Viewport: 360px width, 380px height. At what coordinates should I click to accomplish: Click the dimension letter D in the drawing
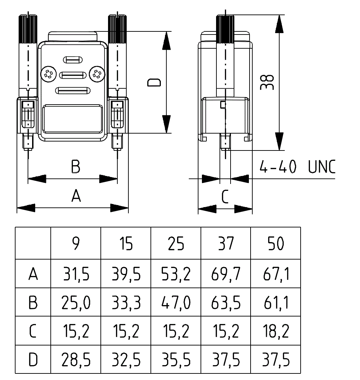point(154,82)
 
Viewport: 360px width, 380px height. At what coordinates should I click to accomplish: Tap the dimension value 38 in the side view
point(267,82)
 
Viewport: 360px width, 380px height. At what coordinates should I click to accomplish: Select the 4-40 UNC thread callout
point(297,167)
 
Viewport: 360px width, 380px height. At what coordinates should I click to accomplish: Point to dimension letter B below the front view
point(76,166)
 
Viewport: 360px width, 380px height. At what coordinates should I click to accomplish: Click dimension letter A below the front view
point(76,196)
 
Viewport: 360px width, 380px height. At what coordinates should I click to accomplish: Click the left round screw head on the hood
point(48,74)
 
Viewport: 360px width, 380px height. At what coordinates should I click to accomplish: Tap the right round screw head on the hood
point(96,74)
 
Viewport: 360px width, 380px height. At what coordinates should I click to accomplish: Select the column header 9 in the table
point(76,244)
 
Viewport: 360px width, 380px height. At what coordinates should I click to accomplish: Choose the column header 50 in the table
point(276,244)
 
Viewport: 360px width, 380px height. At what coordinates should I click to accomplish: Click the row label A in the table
point(33,274)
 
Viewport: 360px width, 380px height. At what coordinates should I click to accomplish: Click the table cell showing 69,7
point(226,274)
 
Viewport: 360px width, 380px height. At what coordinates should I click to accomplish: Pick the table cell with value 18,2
point(276,331)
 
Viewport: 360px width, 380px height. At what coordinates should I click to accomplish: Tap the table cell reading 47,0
point(176,303)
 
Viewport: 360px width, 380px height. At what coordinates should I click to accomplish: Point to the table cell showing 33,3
point(126,303)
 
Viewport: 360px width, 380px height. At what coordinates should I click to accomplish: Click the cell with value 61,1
point(276,303)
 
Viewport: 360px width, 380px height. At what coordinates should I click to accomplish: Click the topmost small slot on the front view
point(72,60)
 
